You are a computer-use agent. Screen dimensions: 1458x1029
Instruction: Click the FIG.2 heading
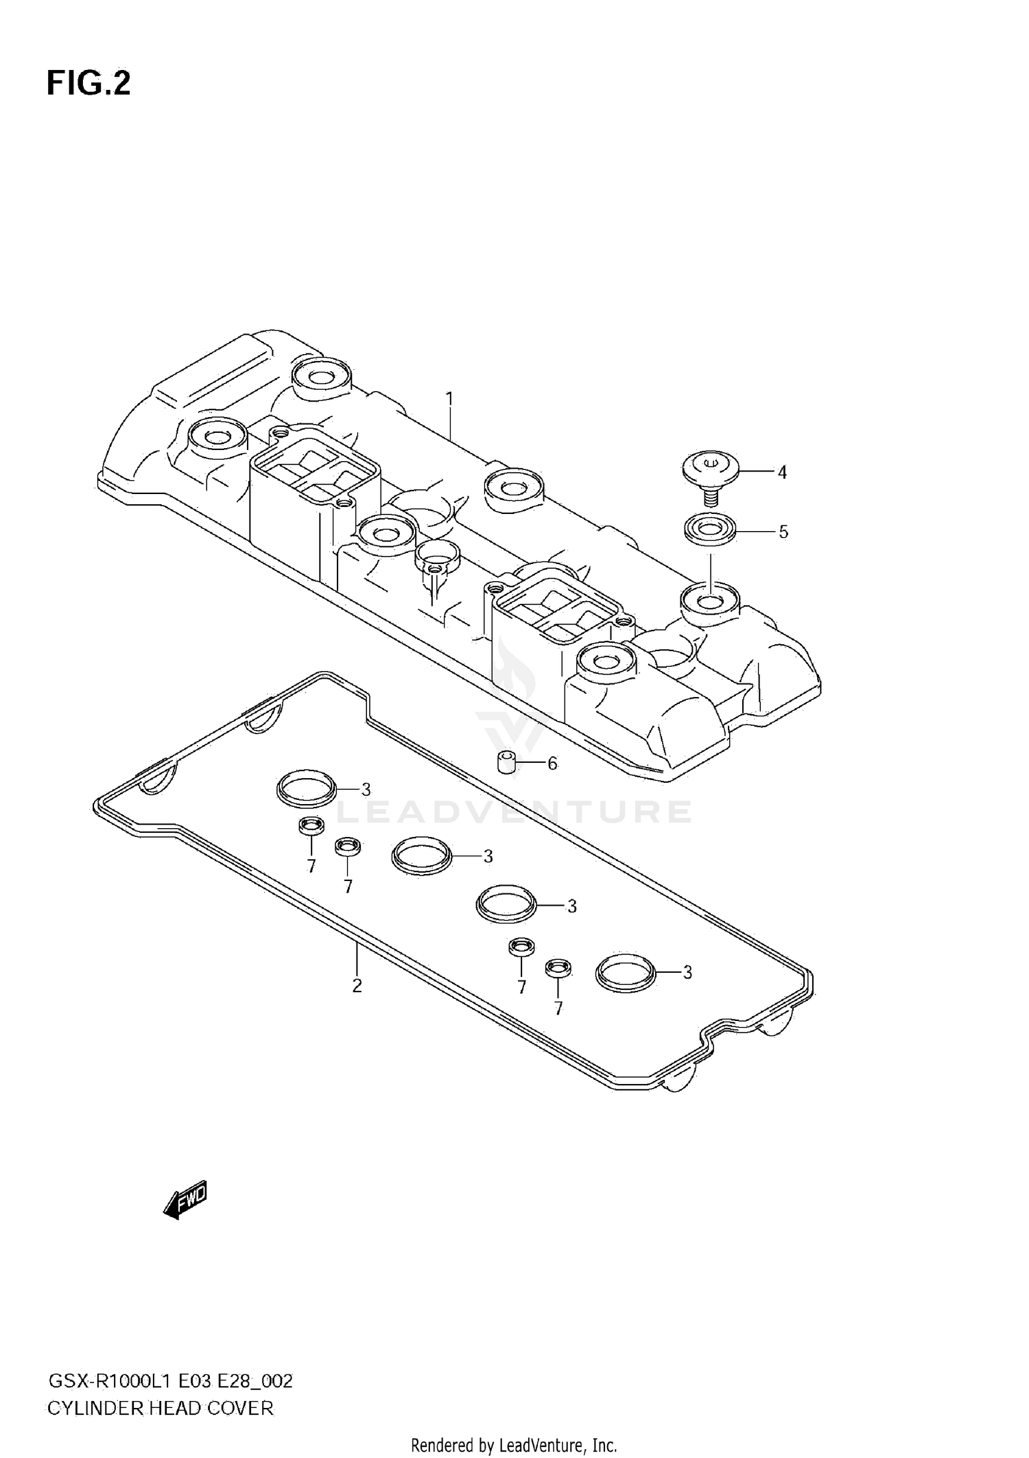click(88, 84)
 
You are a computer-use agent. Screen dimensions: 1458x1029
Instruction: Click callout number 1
click(449, 399)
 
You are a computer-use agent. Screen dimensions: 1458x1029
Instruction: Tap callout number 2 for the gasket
click(357, 986)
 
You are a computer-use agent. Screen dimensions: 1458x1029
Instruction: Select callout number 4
click(781, 472)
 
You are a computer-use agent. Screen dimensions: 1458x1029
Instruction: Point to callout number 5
click(783, 532)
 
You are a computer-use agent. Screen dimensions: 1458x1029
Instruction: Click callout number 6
click(552, 763)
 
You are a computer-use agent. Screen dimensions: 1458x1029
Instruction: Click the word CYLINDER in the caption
click(95, 1409)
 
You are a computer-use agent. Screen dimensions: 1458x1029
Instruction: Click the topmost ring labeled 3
click(307, 789)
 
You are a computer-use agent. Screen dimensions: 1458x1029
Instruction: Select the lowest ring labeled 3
click(626, 972)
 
